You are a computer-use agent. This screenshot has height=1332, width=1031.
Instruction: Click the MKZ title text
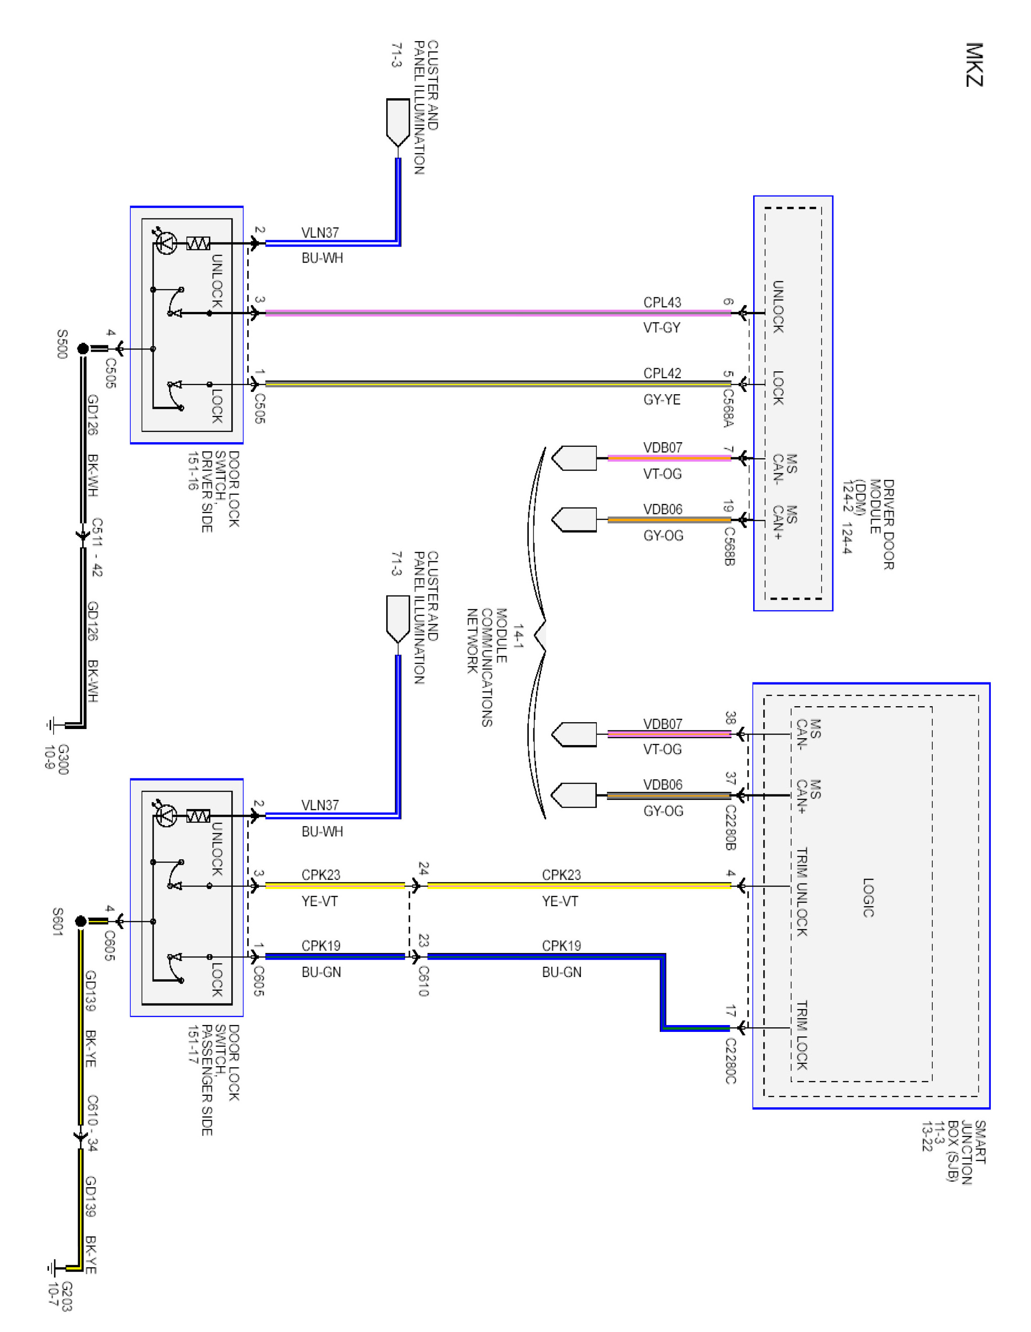(x=974, y=65)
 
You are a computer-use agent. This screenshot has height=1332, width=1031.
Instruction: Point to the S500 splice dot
(x=83, y=349)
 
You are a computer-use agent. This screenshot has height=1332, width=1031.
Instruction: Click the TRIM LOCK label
(x=802, y=1035)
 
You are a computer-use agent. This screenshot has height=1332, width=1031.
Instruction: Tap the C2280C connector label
(x=730, y=1061)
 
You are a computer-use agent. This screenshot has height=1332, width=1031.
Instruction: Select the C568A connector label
(x=728, y=407)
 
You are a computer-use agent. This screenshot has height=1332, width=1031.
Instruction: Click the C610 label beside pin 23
(x=423, y=981)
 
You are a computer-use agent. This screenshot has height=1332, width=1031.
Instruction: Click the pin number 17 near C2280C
(x=730, y=1010)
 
